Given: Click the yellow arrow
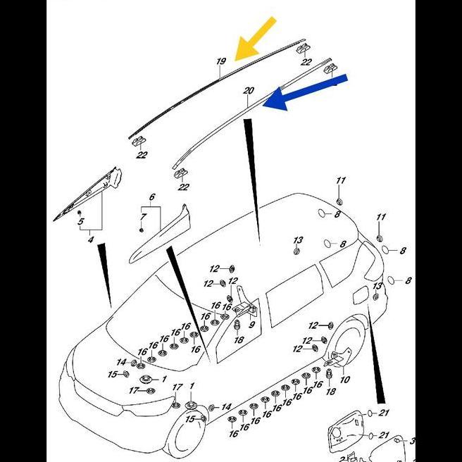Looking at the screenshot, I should pos(255,39).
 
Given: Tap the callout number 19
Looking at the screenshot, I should pos(221,62).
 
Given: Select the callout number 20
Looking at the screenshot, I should pos(248,92).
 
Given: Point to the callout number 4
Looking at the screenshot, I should pos(90,241).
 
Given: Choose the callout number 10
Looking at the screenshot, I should pos(344,380).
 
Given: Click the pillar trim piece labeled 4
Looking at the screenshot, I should pos(99,188).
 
